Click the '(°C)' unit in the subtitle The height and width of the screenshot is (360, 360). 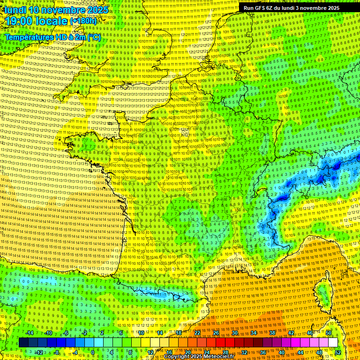pyautogui.click(x=94, y=37)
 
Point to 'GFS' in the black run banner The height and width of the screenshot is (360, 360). pyautogui.click(x=261, y=8)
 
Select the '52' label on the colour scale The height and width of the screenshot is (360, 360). pyautogui.click(x=337, y=352)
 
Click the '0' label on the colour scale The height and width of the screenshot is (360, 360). pyautogui.click(x=93, y=352)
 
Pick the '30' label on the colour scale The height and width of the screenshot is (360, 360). pyautogui.click(x=234, y=333)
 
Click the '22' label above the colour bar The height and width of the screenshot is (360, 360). pyautogui.click(x=197, y=333)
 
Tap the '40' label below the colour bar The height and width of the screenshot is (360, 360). pyautogui.click(x=281, y=352)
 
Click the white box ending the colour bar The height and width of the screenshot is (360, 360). pyautogui.click(x=333, y=343)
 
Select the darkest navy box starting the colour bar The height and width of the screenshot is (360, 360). pyautogui.click(x=24, y=343)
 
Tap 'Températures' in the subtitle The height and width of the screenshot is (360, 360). pyautogui.click(x=29, y=37)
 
